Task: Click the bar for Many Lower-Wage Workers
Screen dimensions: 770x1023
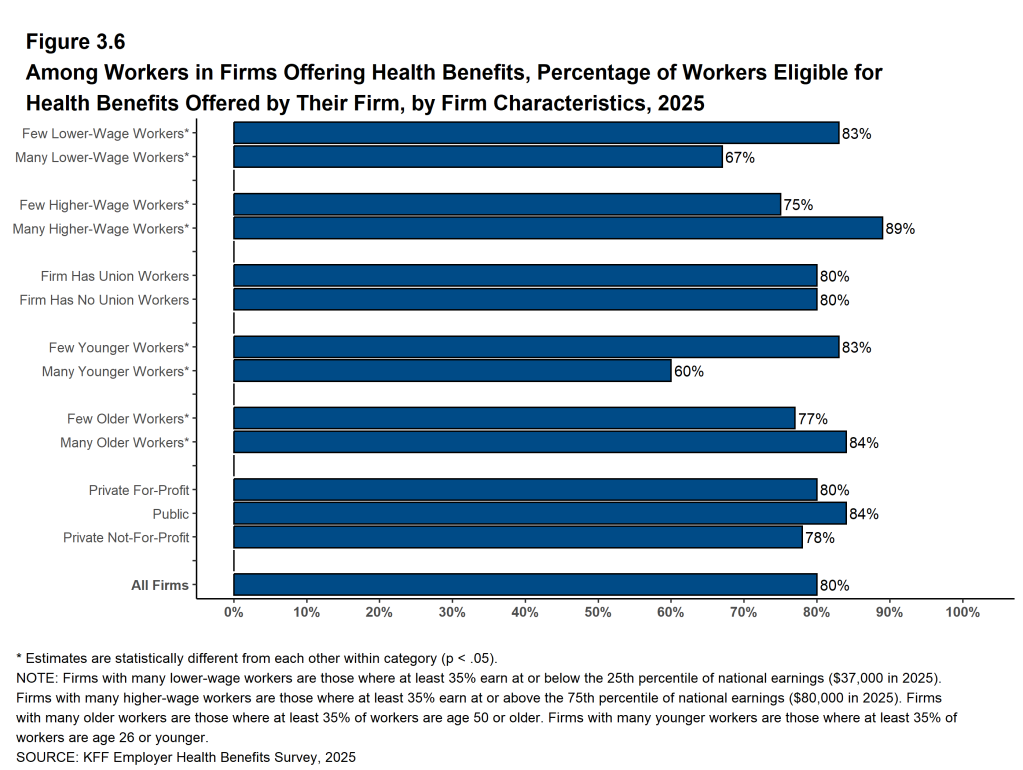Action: tap(478, 157)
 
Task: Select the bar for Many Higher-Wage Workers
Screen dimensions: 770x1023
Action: tap(558, 228)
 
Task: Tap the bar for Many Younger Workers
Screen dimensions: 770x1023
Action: tap(452, 371)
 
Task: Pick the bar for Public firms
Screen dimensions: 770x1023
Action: tap(540, 514)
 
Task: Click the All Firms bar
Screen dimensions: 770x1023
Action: tap(525, 585)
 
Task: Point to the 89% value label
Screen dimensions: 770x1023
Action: tap(900, 229)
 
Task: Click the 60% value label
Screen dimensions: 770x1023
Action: tap(689, 372)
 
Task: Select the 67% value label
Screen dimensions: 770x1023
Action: tap(740, 158)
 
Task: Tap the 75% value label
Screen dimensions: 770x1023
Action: tap(798, 205)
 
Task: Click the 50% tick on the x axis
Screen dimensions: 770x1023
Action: tap(598, 611)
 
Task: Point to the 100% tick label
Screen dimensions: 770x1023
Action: tap(962, 611)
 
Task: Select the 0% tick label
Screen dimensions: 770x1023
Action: tap(234, 611)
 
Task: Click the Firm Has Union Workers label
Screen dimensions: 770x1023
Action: tap(115, 276)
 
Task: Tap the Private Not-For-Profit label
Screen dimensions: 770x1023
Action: tap(126, 538)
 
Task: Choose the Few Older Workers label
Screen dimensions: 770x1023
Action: tap(128, 419)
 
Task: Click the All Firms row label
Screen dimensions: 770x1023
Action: tap(160, 585)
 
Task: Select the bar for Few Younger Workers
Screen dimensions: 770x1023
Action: tap(536, 347)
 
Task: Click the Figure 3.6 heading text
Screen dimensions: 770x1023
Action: tap(76, 42)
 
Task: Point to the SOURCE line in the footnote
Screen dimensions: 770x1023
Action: tap(186, 757)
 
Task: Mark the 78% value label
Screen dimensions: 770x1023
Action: tap(820, 538)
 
